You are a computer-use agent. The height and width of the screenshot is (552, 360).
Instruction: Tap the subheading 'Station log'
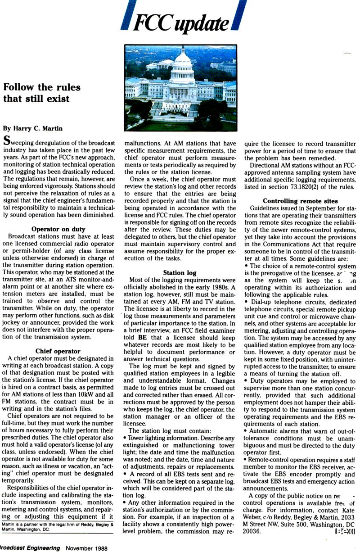(x=180, y=272)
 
